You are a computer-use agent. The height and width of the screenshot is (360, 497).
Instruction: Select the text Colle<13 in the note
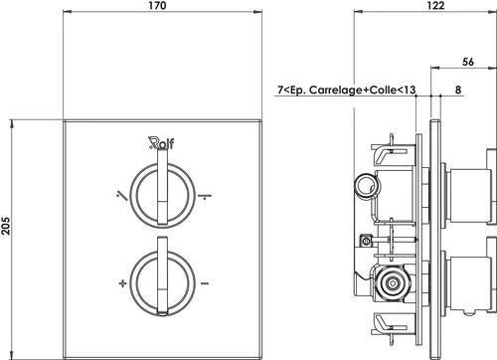coord(391,90)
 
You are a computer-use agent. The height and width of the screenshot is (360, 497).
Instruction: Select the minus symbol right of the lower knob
coord(203,283)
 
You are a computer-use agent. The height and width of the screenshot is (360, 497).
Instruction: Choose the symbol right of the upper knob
coord(202,196)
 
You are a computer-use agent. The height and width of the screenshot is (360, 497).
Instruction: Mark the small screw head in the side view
coord(366,240)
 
